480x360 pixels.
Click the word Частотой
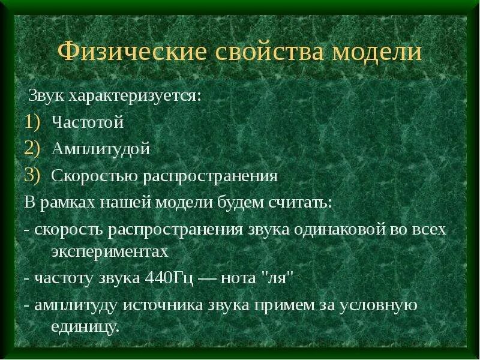point(88,122)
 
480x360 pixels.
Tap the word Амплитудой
point(100,149)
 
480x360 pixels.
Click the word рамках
point(66,202)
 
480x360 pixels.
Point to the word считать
point(300,202)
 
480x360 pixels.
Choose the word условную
point(379,305)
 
